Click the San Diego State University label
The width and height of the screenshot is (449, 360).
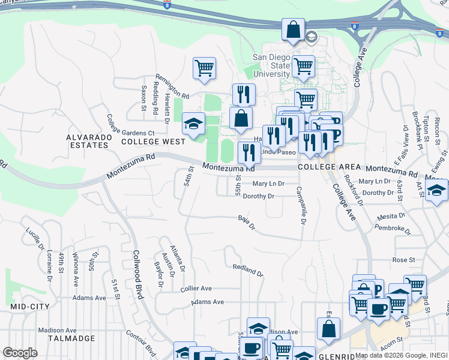[x=271, y=65]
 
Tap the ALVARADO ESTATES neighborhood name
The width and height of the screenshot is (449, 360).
[x=89, y=142]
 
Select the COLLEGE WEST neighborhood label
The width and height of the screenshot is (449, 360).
[x=153, y=142]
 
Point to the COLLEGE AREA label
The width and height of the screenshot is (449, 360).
[x=329, y=167]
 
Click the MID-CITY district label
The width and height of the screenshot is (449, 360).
[x=29, y=307]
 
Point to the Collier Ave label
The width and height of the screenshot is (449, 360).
[x=196, y=289]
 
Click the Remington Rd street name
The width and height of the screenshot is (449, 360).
[x=172, y=87]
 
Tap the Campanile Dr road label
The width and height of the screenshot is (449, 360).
[x=301, y=205]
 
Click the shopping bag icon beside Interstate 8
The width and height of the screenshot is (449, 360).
[x=293, y=29]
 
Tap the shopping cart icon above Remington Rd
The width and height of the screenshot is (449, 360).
[x=204, y=68]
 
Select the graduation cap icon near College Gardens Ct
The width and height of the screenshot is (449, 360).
[x=193, y=124]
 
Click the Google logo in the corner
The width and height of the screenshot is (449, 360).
[x=20, y=353]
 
